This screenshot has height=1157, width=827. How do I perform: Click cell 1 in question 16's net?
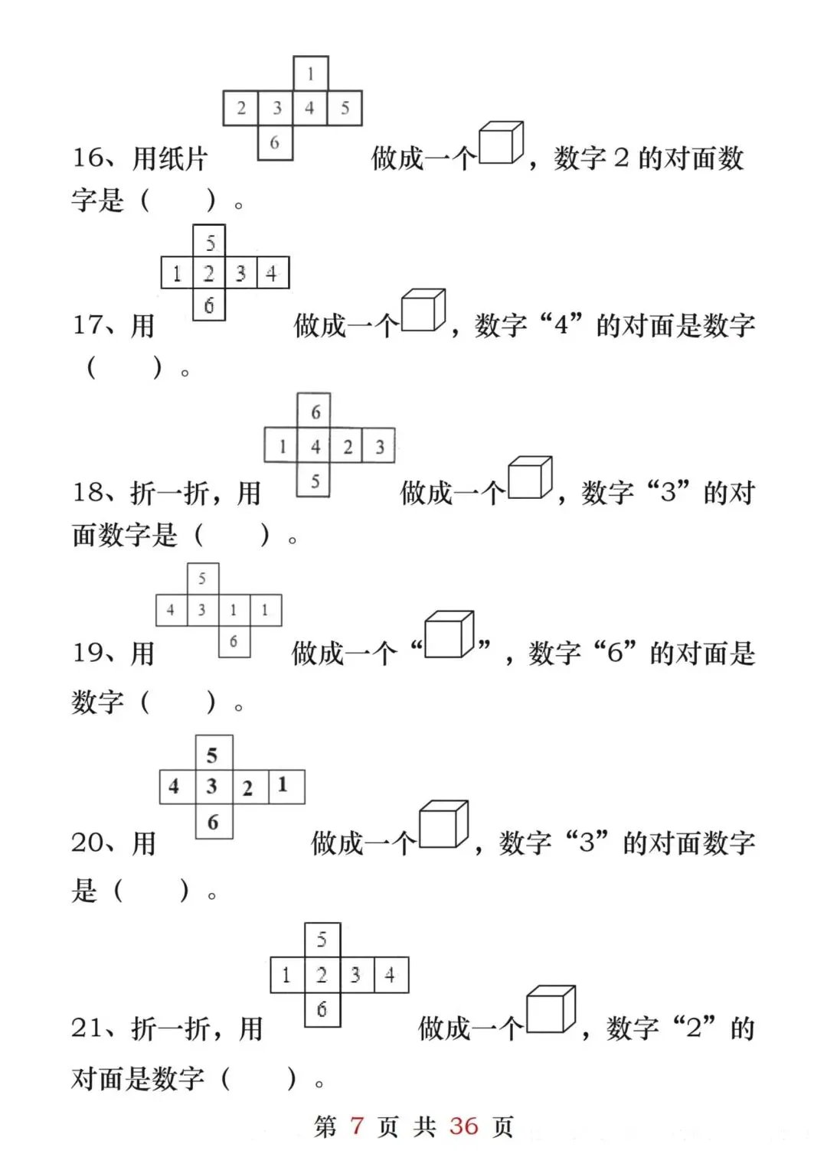(310, 74)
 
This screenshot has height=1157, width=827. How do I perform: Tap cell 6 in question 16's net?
(275, 142)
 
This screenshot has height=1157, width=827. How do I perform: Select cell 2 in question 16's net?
(240, 108)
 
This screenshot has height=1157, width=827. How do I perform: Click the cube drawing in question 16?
(502, 143)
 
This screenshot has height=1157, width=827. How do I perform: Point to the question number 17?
(91, 325)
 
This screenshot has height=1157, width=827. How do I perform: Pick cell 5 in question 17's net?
(209, 242)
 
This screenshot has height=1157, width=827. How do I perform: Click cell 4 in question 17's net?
(272, 273)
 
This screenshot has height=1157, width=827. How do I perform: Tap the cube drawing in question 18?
(530, 478)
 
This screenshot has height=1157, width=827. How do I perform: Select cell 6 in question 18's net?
(314, 412)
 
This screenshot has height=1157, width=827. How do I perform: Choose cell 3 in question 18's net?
(379, 446)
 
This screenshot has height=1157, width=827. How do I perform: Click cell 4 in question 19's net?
(171, 610)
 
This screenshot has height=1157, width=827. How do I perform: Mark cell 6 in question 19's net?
(234, 641)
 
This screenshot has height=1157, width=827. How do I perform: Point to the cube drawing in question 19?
(449, 634)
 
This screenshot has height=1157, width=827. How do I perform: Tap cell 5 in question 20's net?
(213, 754)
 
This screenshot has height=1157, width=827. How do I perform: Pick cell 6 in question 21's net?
(322, 1009)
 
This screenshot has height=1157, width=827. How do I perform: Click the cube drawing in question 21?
(551, 1009)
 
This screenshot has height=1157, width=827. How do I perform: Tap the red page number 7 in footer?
(357, 1126)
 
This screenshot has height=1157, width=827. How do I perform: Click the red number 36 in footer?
(463, 1126)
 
